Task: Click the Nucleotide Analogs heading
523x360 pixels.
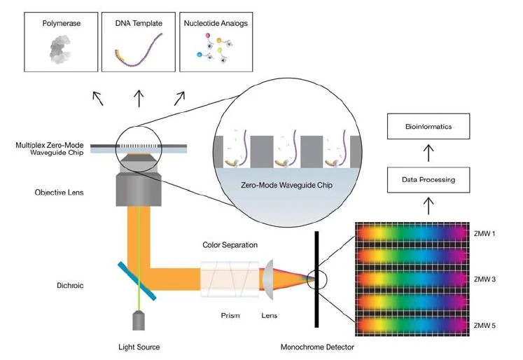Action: tap(216, 23)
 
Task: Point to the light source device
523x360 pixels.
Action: tap(139, 319)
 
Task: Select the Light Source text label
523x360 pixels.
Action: tap(139, 347)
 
